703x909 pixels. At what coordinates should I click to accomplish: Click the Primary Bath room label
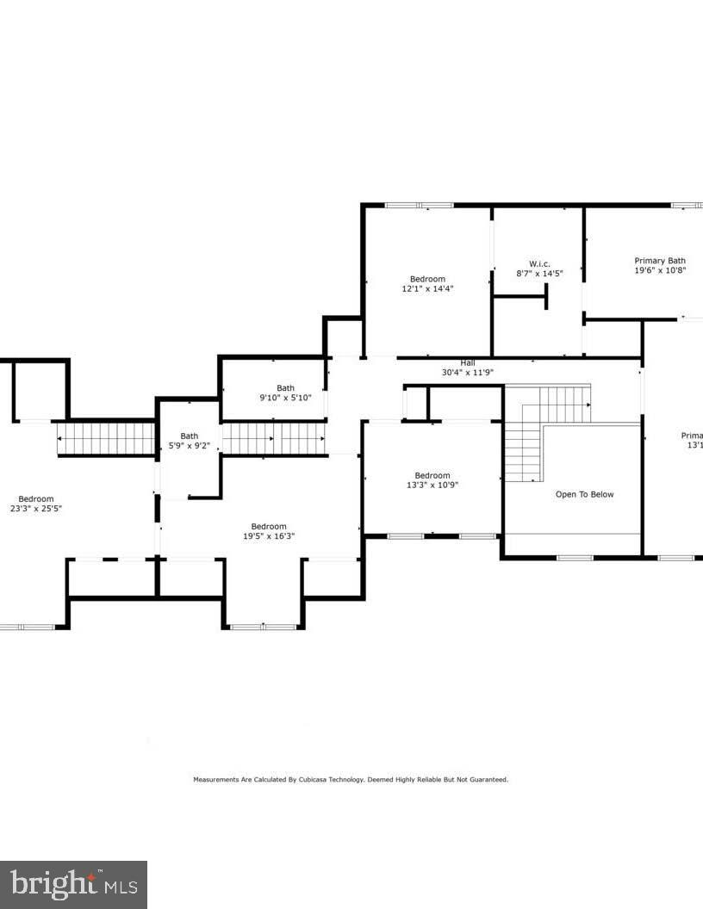[x=660, y=261]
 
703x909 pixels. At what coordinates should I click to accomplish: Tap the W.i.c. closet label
[x=538, y=263]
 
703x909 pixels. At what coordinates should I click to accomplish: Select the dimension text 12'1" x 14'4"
[x=427, y=289]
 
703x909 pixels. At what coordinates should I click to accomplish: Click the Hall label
[x=467, y=362]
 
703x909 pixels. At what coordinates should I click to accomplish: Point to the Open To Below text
[x=584, y=494]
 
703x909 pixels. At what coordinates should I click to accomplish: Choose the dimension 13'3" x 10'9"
[x=432, y=485]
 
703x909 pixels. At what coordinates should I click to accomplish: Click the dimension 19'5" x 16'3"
[x=269, y=536]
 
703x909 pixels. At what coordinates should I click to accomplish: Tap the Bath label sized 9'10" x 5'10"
[x=285, y=388]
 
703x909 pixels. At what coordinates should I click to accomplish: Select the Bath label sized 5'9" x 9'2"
[x=189, y=436]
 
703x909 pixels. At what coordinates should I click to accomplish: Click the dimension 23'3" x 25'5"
[x=36, y=509]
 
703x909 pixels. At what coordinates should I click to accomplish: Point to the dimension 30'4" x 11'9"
[x=467, y=373]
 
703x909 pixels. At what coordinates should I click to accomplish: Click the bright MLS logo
[x=73, y=884]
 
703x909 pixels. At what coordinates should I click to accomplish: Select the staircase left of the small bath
[x=105, y=438]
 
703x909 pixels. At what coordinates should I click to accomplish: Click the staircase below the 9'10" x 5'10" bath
[x=274, y=438]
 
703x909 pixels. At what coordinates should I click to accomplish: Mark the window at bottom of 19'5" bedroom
[x=263, y=627]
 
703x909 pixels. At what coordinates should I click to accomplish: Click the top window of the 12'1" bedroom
[x=419, y=205]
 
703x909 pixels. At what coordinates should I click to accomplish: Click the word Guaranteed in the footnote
[x=488, y=780]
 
